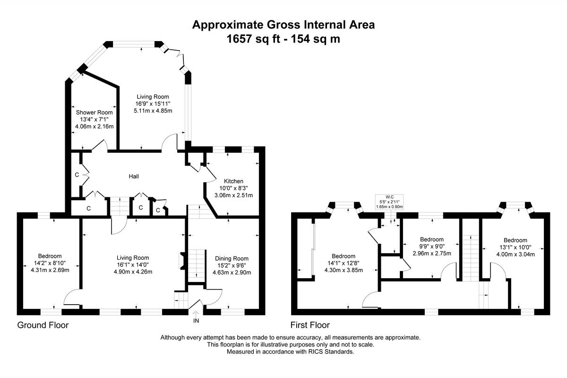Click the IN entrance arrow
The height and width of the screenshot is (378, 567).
[x=196, y=313]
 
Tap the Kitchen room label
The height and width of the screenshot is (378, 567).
[x=233, y=181]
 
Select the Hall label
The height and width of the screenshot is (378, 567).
[x=134, y=176]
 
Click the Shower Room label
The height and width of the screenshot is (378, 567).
[x=94, y=113]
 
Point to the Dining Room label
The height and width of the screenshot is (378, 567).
[x=232, y=259]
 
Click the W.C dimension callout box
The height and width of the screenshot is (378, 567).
[x=389, y=202]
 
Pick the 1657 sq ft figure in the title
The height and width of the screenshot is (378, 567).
[x=254, y=39]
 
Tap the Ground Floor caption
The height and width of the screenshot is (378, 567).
[x=43, y=325]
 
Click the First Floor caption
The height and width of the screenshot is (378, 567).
[x=310, y=325]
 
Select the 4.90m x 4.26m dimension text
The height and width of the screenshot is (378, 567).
[x=133, y=272]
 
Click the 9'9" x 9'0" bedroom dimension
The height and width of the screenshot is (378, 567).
[x=432, y=246]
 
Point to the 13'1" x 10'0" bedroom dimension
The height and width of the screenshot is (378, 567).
[x=515, y=247]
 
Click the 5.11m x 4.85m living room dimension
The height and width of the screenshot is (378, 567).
[x=153, y=111]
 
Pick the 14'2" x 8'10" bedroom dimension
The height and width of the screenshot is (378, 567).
[x=50, y=263]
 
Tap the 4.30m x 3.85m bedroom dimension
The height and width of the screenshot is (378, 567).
[x=344, y=270]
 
